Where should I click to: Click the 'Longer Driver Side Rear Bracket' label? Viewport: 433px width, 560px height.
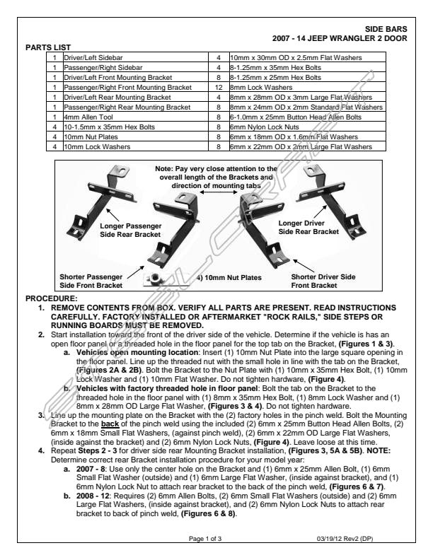tap(308, 227)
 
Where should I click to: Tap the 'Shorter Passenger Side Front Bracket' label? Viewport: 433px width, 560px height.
tap(91, 281)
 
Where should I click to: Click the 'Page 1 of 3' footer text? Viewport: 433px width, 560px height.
tap(205, 539)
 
